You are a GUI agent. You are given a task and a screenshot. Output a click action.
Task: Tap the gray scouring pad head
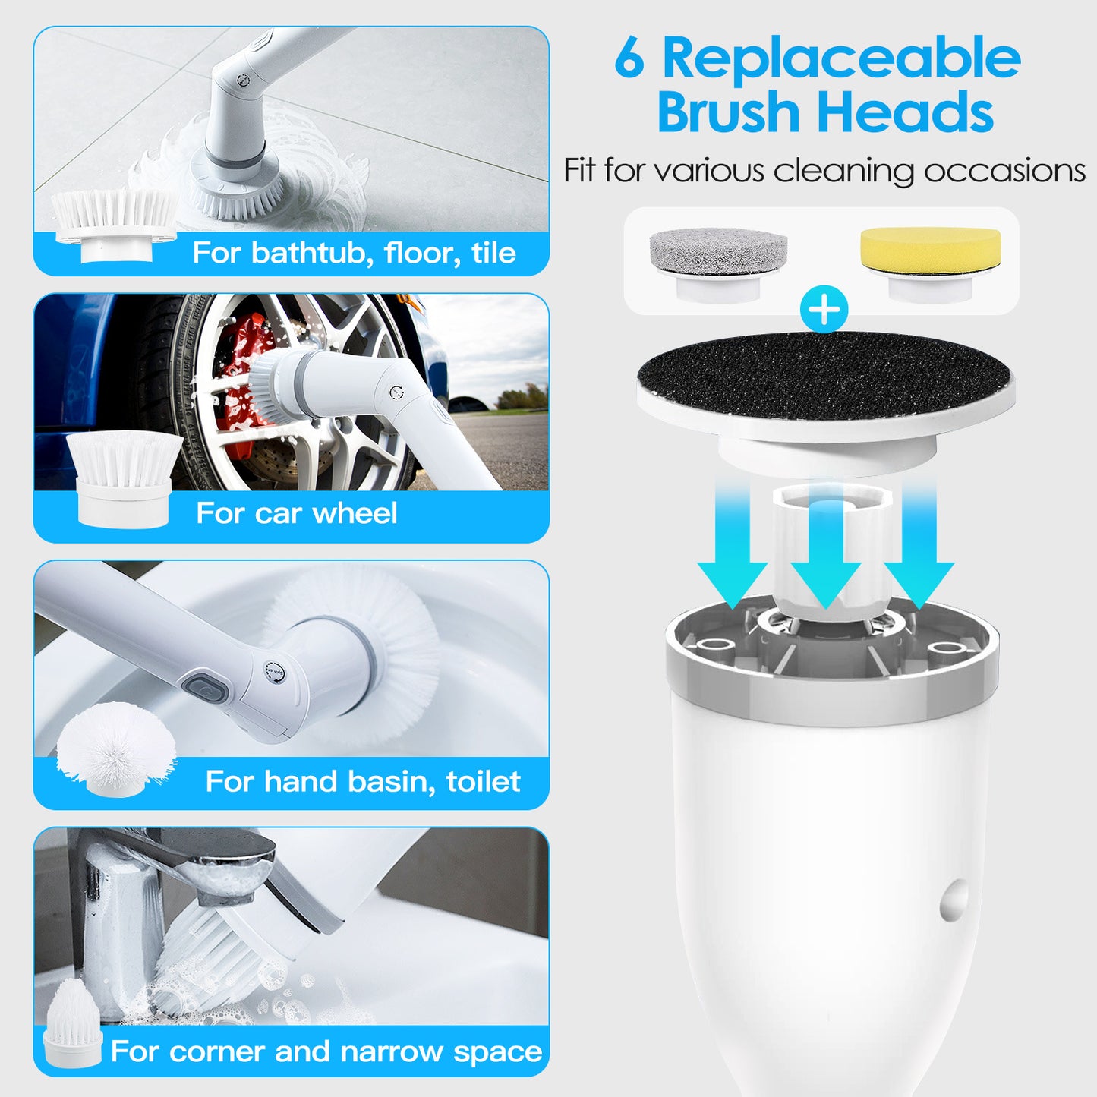[717, 251]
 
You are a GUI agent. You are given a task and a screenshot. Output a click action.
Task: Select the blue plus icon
[824, 310]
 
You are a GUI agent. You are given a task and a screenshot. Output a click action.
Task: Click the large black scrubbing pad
[824, 374]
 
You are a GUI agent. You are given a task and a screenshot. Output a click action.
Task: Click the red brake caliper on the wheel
[241, 380]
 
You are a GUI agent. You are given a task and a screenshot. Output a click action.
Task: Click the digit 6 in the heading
[629, 59]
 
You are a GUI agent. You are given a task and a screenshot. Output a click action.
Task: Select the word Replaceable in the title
[841, 59]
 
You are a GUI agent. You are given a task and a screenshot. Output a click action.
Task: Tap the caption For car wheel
[296, 513]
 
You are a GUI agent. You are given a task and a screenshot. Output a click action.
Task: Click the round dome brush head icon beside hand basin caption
[115, 748]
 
